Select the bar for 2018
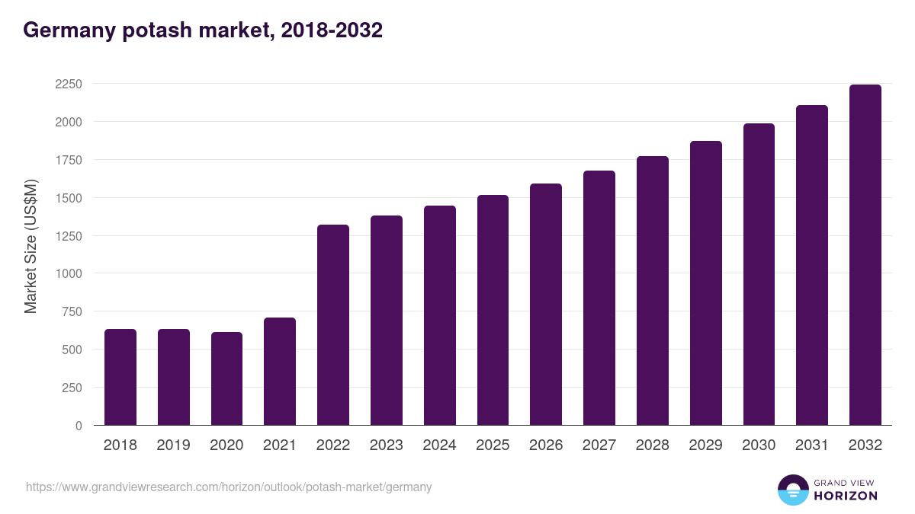120,377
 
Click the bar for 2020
226,378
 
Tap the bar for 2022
333,325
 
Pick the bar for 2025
493,310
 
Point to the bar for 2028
652,291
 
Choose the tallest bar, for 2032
865,255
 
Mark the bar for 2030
759,274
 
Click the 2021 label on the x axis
280,445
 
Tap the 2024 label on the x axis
439,445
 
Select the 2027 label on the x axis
599,445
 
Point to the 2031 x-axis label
811,445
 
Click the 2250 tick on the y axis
68,84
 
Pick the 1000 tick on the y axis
68,273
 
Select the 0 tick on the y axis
79,426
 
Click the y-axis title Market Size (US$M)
30,246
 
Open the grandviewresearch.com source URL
229,487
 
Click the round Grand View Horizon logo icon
792,490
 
